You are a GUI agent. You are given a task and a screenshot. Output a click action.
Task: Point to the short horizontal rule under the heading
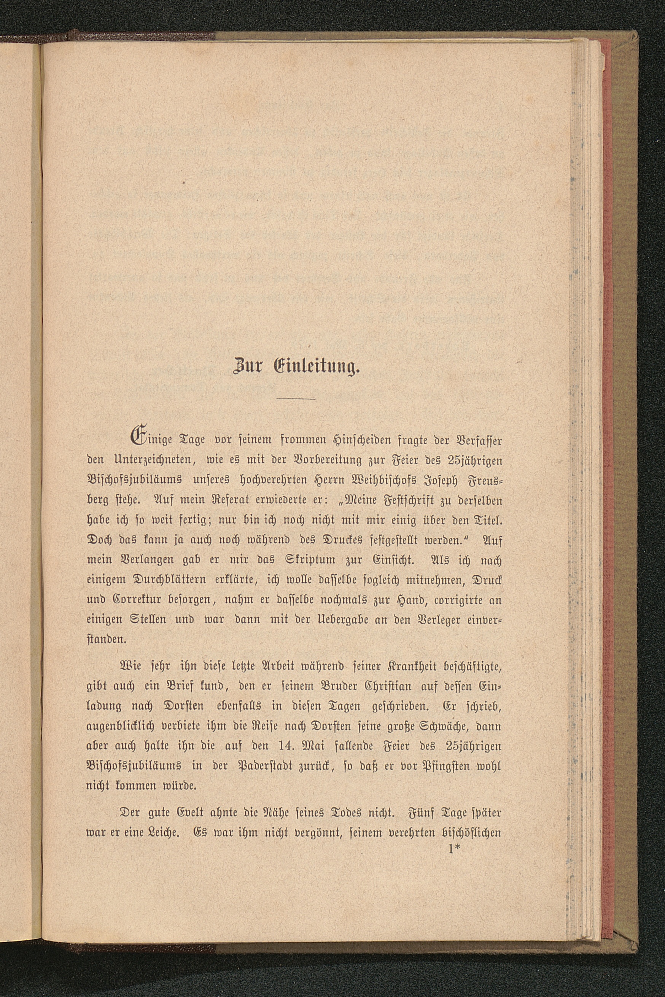296,399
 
